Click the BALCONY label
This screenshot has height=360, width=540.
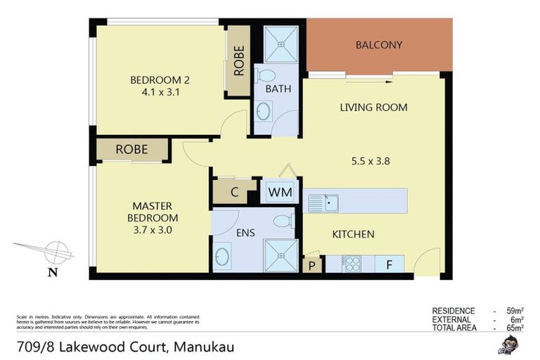[x=379, y=45]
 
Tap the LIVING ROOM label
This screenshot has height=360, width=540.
[x=373, y=108]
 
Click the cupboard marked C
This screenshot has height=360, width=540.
[x=235, y=192]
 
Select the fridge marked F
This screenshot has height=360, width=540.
[x=389, y=264]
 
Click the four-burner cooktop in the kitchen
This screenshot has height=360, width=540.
[x=351, y=264]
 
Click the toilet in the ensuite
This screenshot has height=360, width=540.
[x=282, y=221]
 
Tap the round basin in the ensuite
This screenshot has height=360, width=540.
[x=221, y=256]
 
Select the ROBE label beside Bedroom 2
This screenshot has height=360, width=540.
[x=239, y=62]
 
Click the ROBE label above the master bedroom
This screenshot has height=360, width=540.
[x=131, y=149]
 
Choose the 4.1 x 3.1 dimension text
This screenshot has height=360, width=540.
[x=160, y=91]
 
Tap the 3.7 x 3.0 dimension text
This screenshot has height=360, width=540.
[x=153, y=229]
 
